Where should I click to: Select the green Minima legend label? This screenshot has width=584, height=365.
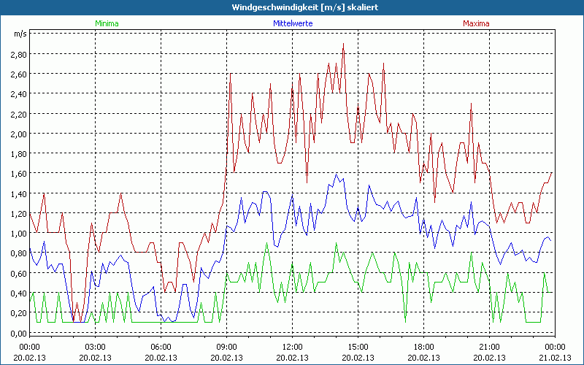[106, 23]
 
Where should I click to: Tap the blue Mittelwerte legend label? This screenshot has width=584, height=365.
[292, 23]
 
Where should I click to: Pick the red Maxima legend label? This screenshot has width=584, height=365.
[476, 23]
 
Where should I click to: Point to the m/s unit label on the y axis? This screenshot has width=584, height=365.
[20, 34]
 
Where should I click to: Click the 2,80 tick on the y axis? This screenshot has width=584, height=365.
[18, 54]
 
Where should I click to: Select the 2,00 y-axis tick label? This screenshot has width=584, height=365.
[18, 134]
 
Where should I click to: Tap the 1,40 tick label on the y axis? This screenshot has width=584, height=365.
[18, 193]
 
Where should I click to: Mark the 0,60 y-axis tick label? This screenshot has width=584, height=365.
[18, 273]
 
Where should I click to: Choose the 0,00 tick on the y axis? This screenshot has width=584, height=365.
[18, 333]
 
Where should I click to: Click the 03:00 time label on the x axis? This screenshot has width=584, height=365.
[95, 346]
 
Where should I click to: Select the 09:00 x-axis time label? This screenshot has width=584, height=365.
[226, 346]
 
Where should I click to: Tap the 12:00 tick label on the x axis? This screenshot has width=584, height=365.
[292, 346]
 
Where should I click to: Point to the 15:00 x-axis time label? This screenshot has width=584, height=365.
[358, 346]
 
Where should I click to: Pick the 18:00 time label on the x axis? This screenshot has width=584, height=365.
[423, 346]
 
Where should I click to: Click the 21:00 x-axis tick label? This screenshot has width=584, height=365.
[489, 346]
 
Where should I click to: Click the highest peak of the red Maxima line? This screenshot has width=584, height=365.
[343, 44]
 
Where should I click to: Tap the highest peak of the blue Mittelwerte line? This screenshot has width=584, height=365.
[336, 174]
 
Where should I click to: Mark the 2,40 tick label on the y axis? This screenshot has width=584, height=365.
[18, 93]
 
